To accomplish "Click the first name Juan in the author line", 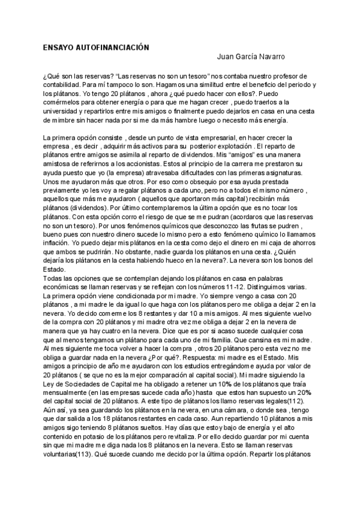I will point(225,58).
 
